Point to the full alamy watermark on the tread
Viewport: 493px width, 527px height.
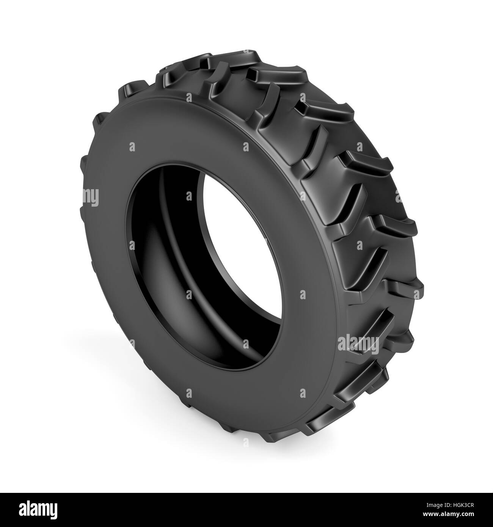coord(358,343)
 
